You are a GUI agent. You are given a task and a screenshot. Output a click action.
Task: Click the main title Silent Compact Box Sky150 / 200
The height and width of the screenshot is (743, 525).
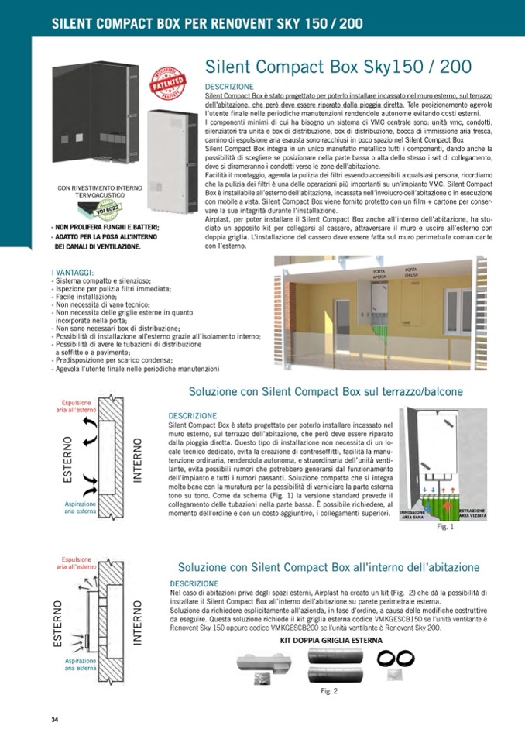point(338,66)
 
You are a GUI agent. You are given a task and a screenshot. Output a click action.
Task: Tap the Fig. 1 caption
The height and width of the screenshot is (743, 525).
point(445,527)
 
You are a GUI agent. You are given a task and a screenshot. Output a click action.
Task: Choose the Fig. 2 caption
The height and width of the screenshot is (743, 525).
point(329,691)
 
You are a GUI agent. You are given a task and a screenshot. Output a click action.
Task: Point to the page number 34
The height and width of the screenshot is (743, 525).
point(55,720)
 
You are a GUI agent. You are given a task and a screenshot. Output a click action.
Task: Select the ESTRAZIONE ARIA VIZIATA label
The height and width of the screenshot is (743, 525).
point(472,514)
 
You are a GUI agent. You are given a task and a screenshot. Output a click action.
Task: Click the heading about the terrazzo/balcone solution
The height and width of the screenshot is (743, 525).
point(326,392)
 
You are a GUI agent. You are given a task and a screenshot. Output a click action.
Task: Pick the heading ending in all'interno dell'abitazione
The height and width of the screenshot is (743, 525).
point(328,568)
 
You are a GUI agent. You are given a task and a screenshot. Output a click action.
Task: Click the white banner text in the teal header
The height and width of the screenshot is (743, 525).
point(207,23)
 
